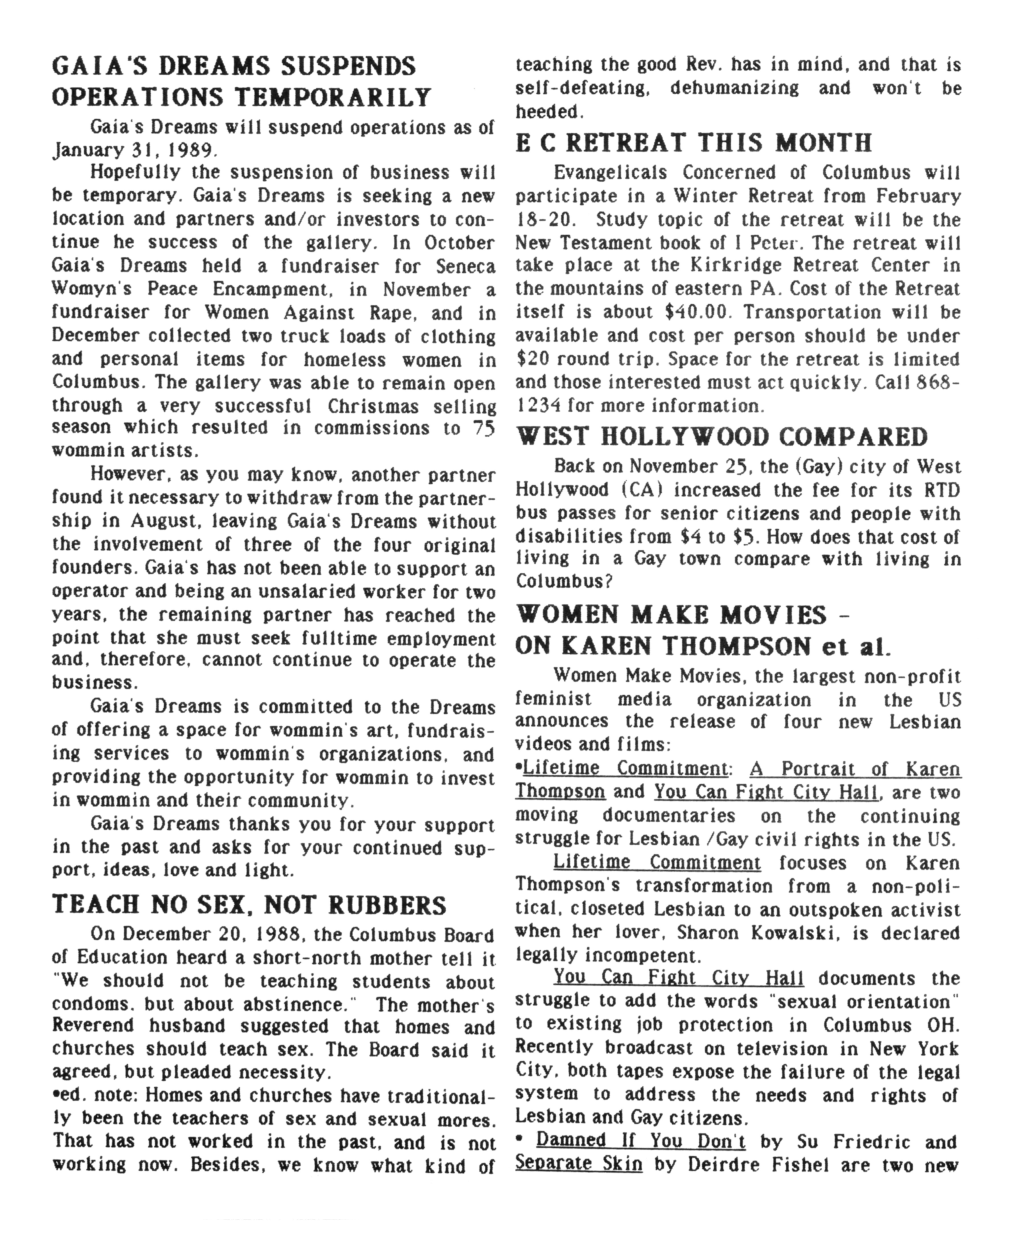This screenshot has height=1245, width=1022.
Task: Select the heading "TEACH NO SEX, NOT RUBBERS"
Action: coord(249,905)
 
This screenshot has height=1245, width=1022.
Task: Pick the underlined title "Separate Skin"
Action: coord(579,1164)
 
